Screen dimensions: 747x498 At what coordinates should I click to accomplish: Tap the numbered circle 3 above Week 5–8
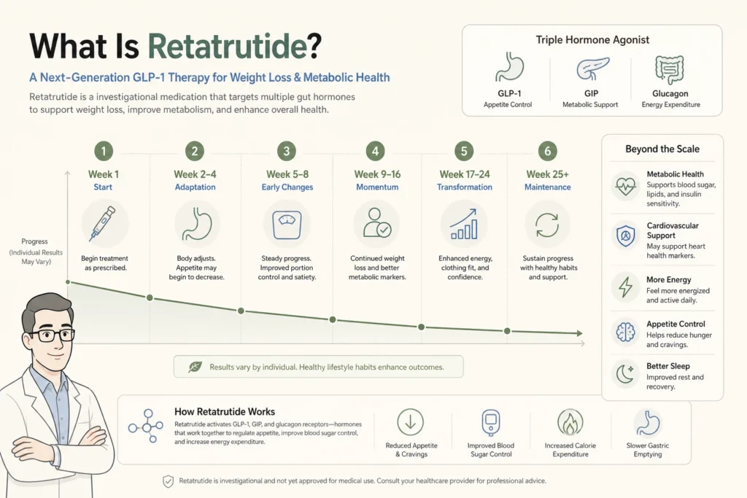pos(286,152)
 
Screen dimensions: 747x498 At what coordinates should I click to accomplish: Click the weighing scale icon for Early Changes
pos(287,225)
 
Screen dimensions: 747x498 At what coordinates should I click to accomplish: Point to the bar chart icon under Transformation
pos(464,224)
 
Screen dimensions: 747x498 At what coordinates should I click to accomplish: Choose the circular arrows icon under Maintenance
pos(547,225)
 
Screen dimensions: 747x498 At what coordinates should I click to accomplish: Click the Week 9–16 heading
pos(377,174)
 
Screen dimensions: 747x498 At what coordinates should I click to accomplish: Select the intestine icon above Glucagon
pos(670,69)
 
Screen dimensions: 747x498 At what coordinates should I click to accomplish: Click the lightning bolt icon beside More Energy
pos(625,287)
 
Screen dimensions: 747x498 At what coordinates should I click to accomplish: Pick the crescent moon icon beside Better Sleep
pos(625,374)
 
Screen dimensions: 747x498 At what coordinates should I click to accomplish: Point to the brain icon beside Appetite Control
pos(625,332)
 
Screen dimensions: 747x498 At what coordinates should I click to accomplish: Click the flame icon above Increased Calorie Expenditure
pos(570,422)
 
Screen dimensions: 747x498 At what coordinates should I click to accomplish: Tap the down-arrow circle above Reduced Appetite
pos(410,422)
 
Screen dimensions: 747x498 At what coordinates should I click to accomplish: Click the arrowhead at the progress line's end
pos(579,333)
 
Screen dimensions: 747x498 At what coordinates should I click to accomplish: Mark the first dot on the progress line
pos(68,282)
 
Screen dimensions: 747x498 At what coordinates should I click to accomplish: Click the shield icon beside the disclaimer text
pos(169,481)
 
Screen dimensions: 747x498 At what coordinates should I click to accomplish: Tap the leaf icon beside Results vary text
pos(195,367)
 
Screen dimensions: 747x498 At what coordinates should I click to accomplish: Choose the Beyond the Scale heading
pos(662,149)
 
